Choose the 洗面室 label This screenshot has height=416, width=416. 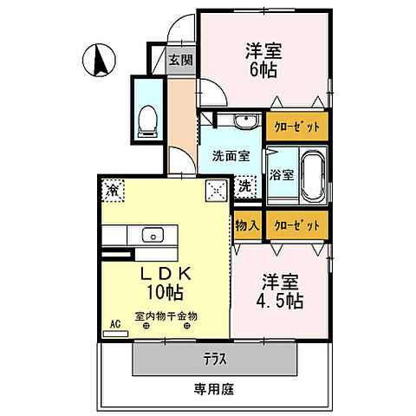[x=231, y=156]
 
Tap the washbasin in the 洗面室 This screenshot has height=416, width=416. [x=233, y=122]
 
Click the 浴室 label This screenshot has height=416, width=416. [x=283, y=173]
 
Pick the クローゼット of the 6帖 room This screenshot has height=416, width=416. [x=297, y=127]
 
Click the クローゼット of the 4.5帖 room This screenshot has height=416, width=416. [x=297, y=224]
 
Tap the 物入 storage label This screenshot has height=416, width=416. [x=247, y=224]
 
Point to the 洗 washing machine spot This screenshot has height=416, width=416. [x=245, y=185]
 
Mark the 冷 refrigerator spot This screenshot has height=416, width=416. [x=113, y=188]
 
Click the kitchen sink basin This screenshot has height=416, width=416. [x=153, y=234]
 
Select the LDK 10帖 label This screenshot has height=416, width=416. [x=164, y=281]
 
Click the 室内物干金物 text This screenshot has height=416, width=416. [x=166, y=316]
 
